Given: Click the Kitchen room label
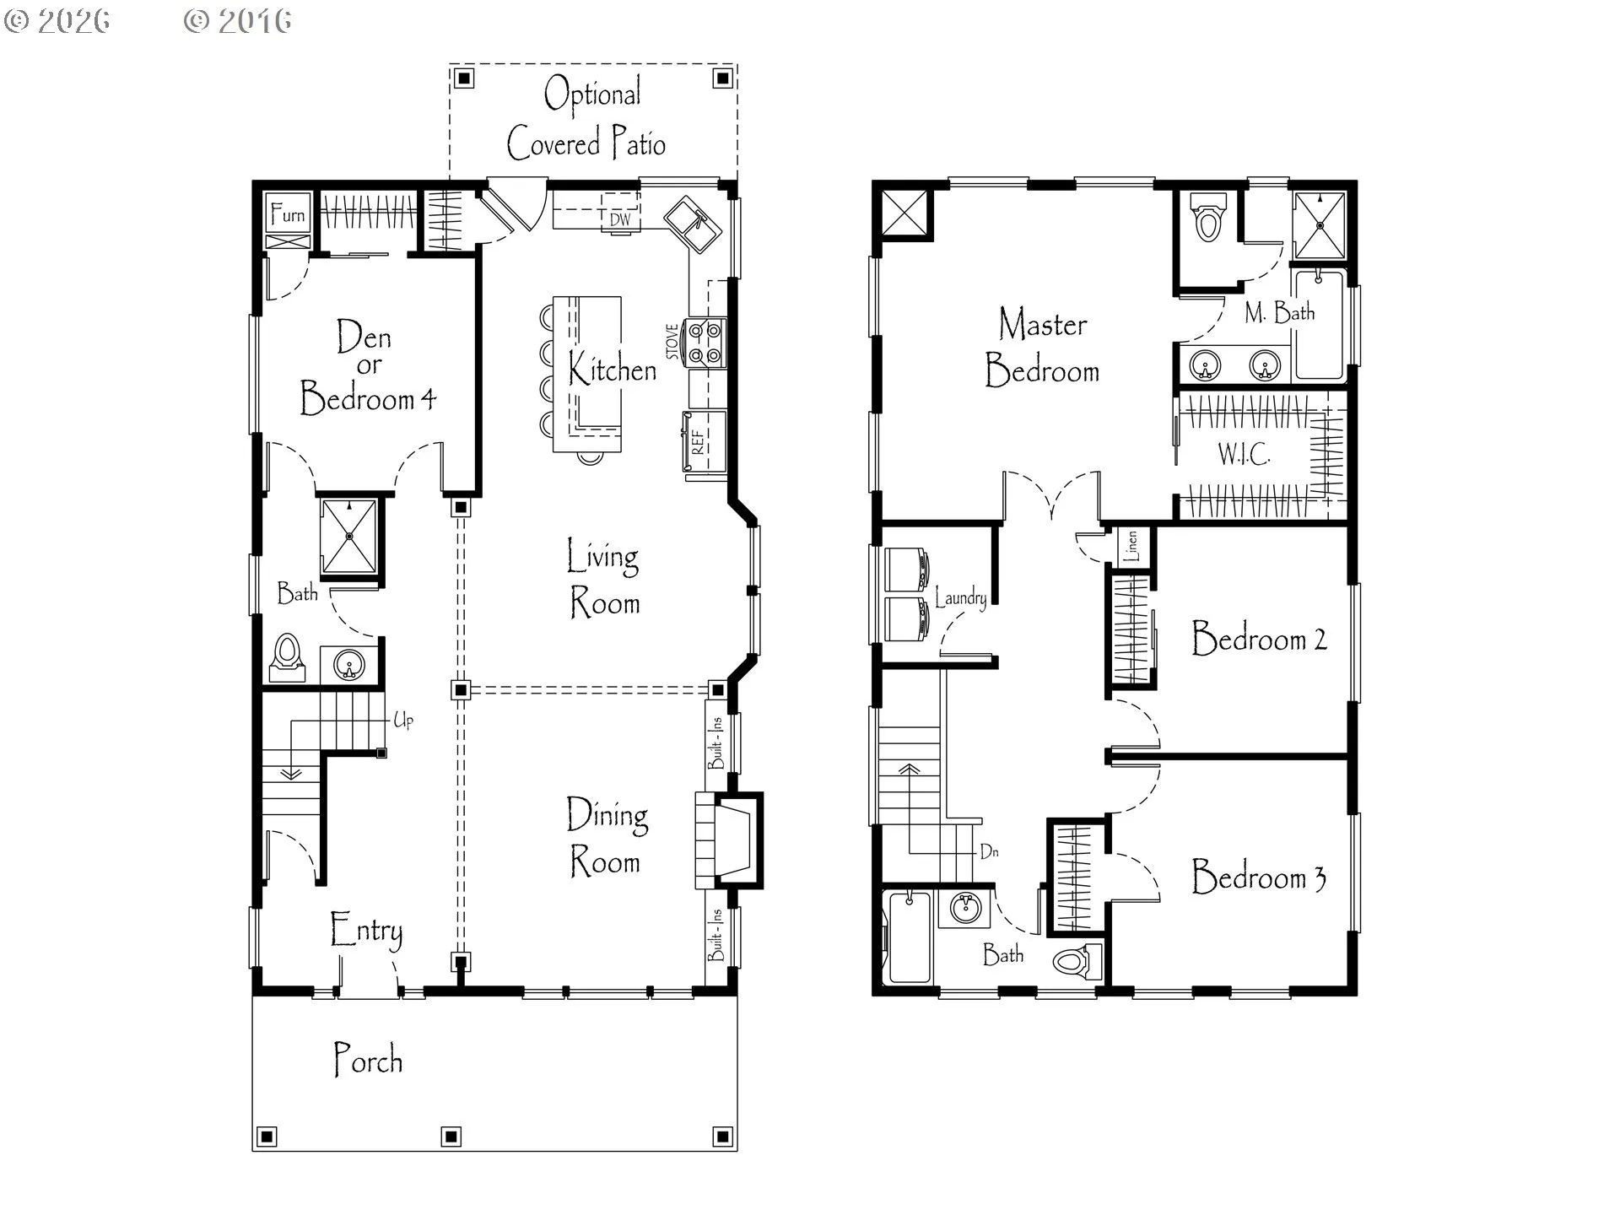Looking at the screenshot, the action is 612,369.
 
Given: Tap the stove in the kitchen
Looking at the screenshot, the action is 705,342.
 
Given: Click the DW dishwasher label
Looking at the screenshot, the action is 620,219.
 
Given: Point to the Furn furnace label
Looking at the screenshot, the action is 288,214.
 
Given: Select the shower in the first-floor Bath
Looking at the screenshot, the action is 349,537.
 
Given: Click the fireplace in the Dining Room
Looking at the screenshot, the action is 729,840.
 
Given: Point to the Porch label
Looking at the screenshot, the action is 368,1060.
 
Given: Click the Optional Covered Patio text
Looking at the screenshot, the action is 587,119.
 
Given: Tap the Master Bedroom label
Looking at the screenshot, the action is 1042,348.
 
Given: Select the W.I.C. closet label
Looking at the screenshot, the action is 1244,454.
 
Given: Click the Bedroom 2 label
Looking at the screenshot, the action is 1259,638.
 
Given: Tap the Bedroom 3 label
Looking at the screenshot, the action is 1259,877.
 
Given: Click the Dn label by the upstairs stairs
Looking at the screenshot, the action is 989,851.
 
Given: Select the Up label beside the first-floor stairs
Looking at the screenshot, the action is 403,720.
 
